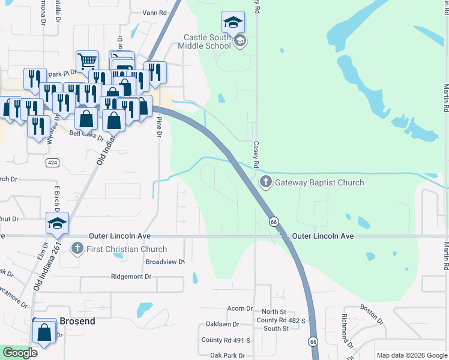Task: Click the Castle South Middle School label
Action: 208,41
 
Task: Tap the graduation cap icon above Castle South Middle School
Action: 233,23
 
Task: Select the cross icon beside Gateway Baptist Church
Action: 265,182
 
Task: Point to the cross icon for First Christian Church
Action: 76,248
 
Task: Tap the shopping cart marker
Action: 88,61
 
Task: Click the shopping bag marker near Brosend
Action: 44,331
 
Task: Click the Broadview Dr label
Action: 164,262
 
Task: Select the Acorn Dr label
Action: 240,308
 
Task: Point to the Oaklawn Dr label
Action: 223,325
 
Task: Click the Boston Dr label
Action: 372,314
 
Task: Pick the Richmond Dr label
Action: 346,330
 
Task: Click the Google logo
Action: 20,353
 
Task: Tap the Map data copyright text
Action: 412,355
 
